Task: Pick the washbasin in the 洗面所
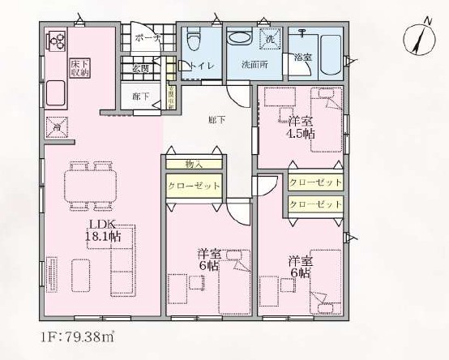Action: (x=240, y=38)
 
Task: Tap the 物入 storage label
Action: (x=194, y=164)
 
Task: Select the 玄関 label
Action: (x=143, y=68)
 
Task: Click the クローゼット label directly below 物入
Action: (x=194, y=186)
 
